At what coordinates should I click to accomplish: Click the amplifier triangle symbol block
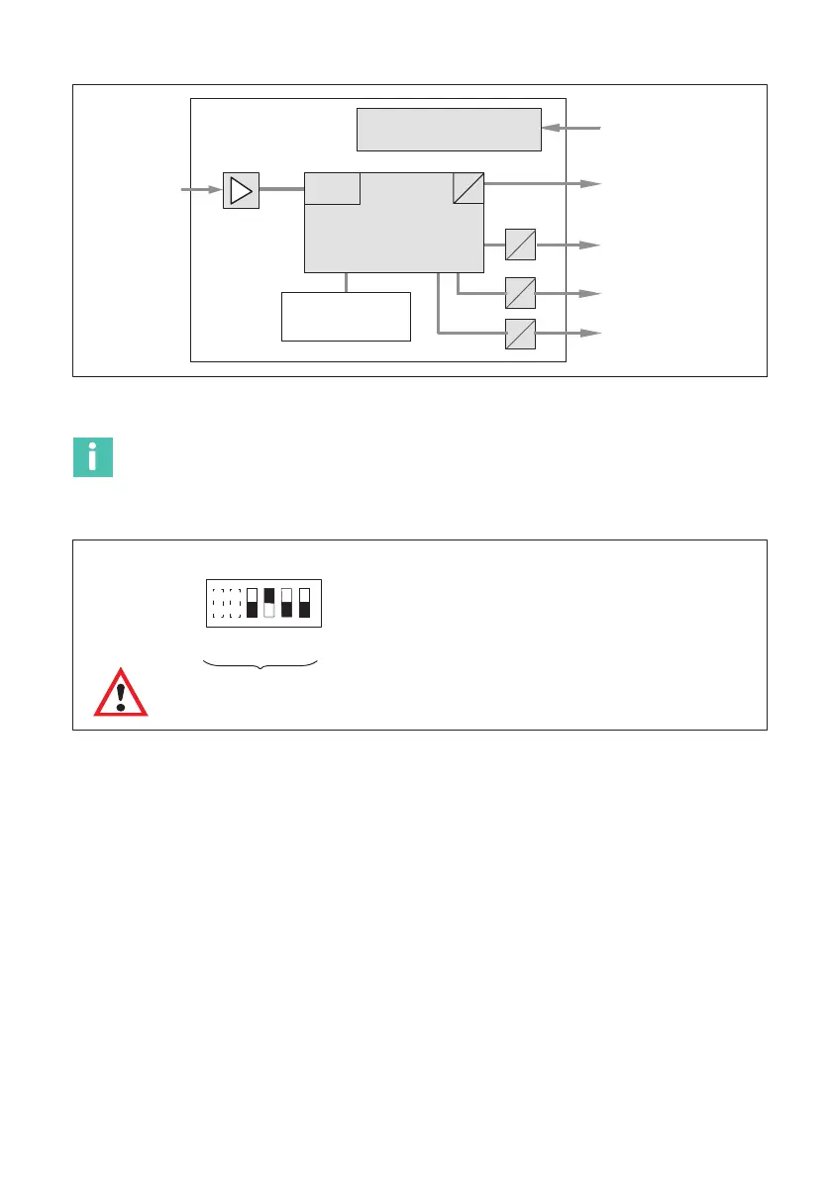coord(241,189)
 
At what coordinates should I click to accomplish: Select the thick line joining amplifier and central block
coord(281,188)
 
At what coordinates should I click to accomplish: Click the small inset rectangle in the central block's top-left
coord(332,188)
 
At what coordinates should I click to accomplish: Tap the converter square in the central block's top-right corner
coord(468,187)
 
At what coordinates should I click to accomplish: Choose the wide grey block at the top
coord(449,129)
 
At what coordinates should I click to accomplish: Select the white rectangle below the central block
coord(346,316)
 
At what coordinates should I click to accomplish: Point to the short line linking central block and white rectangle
coord(346,281)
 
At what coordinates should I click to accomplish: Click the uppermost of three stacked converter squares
coord(520,244)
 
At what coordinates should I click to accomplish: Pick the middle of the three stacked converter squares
coord(520,293)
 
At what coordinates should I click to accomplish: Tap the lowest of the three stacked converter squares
coord(520,335)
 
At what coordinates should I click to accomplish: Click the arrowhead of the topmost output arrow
coord(591,184)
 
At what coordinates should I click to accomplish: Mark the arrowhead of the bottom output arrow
coord(591,334)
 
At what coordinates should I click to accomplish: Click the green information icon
coord(93,456)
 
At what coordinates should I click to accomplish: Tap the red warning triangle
coord(120,693)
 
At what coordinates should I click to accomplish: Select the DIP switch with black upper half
coord(268,603)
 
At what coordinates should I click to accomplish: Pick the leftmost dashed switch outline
coord(218,603)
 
